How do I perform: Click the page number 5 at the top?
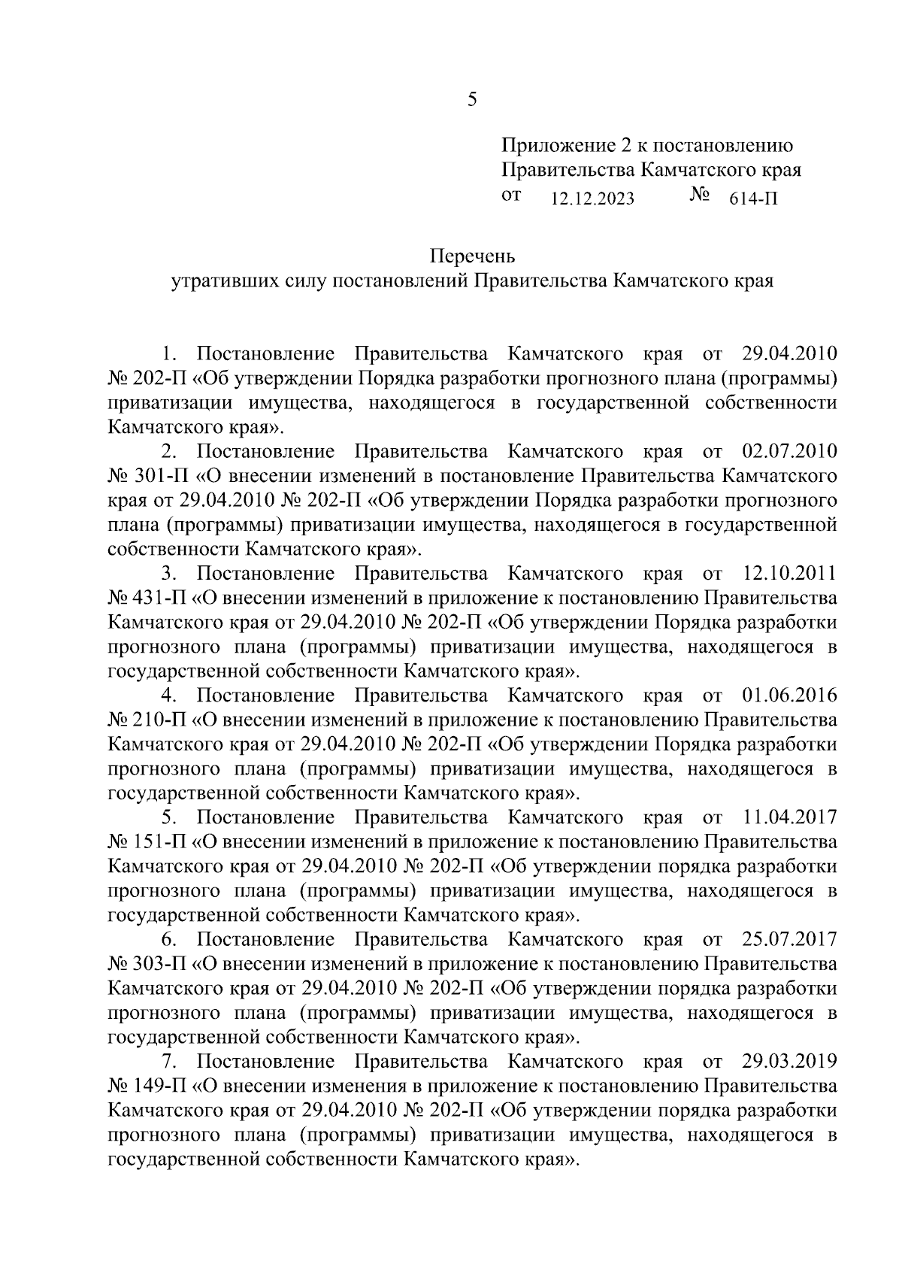[x=472, y=100]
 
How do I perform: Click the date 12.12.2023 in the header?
[x=592, y=199]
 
